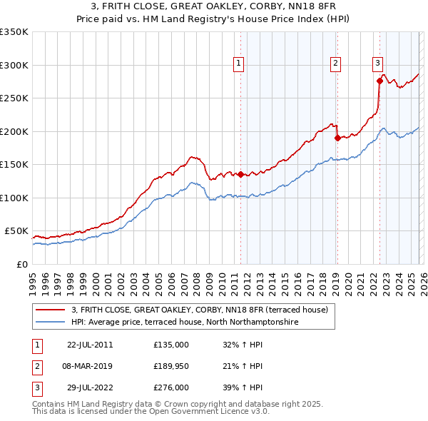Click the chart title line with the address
(x=214, y=6)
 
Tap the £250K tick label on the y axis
(x=14, y=98)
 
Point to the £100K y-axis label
(x=14, y=198)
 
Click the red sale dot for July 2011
(x=240, y=174)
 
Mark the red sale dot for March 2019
(x=337, y=138)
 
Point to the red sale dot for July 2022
(x=379, y=81)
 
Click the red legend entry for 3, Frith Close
(x=200, y=310)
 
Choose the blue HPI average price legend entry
(x=184, y=323)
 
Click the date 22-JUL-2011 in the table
(x=90, y=344)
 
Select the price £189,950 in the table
(x=171, y=366)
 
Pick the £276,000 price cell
(x=171, y=388)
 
